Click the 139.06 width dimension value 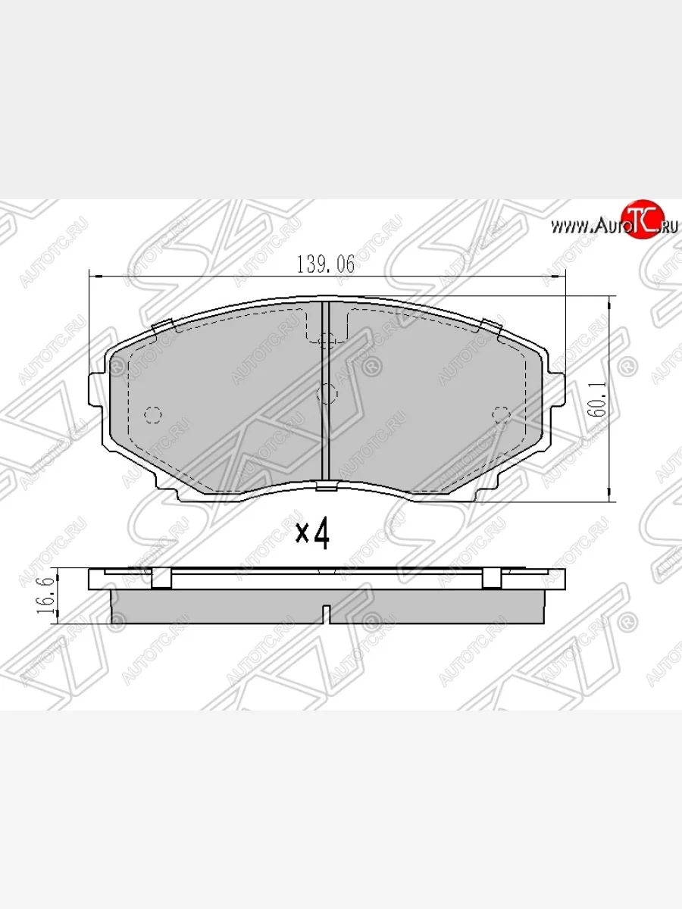(325, 264)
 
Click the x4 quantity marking (312, 534)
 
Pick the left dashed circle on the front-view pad (152, 414)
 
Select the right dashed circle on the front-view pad (501, 414)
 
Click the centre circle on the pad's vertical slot (327, 392)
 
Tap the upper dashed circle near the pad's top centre (327, 341)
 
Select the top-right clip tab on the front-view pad (492, 326)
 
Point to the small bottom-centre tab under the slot (327, 486)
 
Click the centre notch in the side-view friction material (327, 614)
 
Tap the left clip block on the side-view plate (161, 578)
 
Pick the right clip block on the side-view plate (491, 578)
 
